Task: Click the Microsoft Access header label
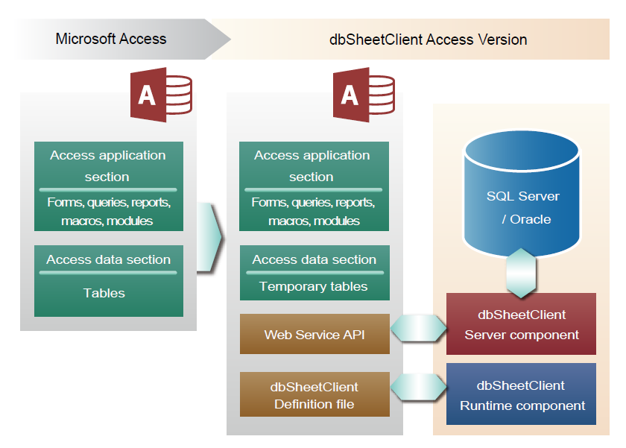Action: (x=111, y=39)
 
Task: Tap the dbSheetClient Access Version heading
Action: (x=428, y=40)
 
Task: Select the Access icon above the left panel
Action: (x=161, y=95)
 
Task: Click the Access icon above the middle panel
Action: (x=364, y=95)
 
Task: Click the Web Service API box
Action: (x=314, y=334)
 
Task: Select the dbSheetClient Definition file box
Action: (x=314, y=394)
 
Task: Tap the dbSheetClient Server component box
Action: (x=521, y=324)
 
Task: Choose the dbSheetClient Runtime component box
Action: (x=521, y=394)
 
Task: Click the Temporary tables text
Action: (x=314, y=286)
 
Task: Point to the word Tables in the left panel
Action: (x=104, y=293)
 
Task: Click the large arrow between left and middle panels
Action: (x=209, y=238)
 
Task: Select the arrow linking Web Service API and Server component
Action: (x=418, y=328)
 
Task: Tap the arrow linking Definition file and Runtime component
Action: (x=418, y=387)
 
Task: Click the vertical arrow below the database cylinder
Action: (x=521, y=274)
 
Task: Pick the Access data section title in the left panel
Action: (x=109, y=259)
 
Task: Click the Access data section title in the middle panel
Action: (x=314, y=259)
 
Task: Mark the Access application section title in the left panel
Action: (x=108, y=165)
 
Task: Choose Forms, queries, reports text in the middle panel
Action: (x=314, y=203)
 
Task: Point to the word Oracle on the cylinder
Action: (x=531, y=219)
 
